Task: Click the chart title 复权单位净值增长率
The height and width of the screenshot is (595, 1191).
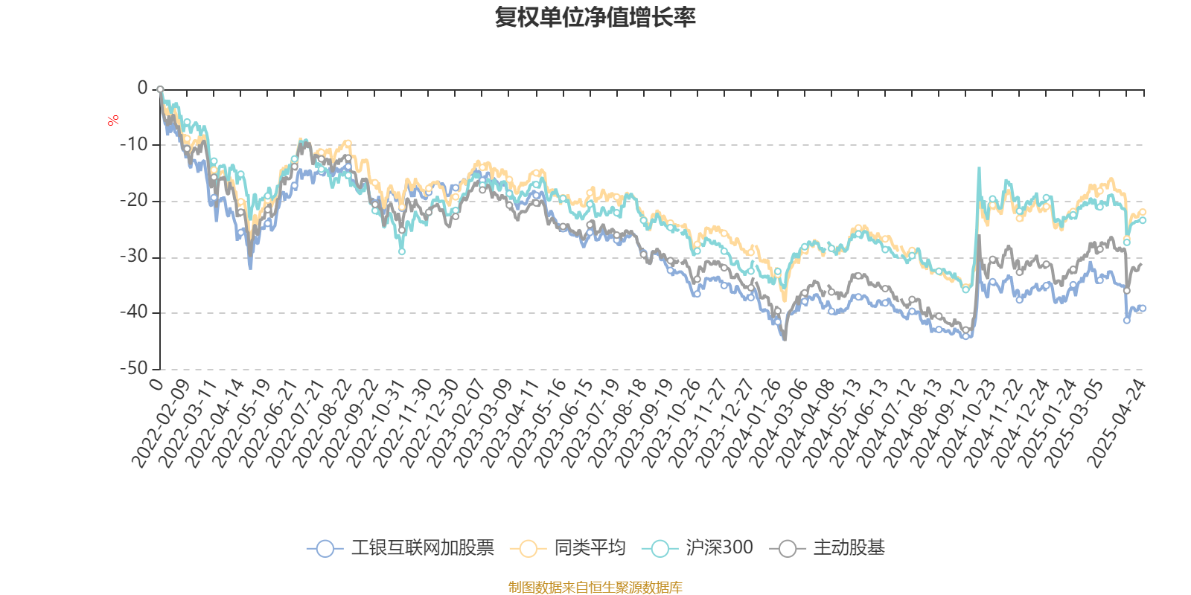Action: click(595, 17)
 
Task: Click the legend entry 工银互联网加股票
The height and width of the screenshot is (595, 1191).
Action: click(421, 548)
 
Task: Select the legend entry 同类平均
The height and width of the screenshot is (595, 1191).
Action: click(589, 548)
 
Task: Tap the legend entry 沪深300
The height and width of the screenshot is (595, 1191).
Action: click(719, 548)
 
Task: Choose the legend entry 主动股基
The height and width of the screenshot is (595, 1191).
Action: click(849, 548)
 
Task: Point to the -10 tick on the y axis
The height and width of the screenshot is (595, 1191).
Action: click(134, 144)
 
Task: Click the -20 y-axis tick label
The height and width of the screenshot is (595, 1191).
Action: click(134, 201)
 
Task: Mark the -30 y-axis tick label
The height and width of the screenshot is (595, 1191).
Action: click(134, 257)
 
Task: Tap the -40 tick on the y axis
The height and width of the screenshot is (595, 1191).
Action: click(134, 312)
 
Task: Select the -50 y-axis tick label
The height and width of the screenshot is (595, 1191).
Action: click(134, 368)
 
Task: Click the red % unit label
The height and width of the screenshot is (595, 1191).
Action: click(113, 120)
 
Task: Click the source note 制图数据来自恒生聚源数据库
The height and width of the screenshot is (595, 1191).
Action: click(595, 588)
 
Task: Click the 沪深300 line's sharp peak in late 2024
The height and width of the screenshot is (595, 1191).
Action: click(979, 168)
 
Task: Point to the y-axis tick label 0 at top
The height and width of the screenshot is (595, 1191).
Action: click(142, 89)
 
